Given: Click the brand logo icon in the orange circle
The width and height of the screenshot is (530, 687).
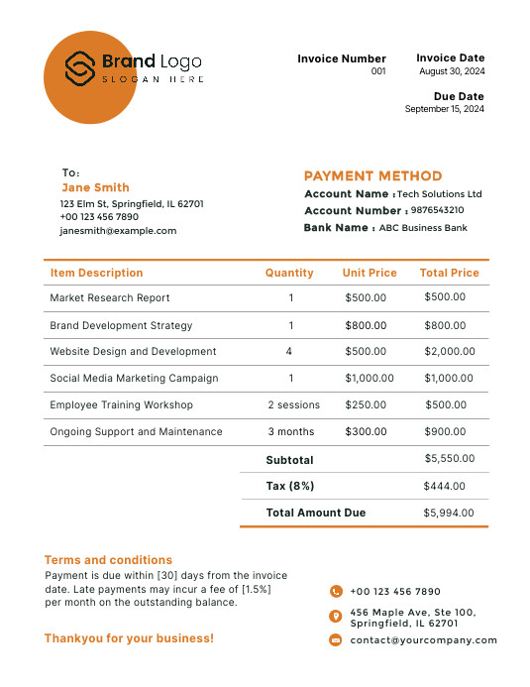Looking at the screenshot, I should [x=79, y=67].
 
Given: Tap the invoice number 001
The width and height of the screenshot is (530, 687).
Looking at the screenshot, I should [x=378, y=71].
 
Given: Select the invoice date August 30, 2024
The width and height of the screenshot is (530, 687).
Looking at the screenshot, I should [x=452, y=71].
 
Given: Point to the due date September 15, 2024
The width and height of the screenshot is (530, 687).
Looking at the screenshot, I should [x=445, y=109].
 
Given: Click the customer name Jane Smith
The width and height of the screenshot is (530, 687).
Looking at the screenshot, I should [x=95, y=187].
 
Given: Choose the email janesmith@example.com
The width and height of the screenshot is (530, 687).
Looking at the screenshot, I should [x=118, y=230].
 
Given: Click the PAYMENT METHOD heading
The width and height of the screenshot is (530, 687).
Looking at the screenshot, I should [x=372, y=175].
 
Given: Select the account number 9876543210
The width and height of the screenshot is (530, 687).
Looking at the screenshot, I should [x=437, y=210].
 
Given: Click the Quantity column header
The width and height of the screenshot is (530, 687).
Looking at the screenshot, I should [x=289, y=273].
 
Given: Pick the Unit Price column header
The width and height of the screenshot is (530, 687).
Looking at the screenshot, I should [x=370, y=273].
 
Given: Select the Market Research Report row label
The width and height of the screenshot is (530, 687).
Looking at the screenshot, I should [x=110, y=297].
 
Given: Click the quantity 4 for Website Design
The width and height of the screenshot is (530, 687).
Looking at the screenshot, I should [x=289, y=351].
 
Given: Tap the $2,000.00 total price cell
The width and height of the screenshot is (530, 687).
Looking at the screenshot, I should [x=450, y=351].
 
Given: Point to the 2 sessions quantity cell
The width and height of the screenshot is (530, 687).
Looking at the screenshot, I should [x=294, y=404].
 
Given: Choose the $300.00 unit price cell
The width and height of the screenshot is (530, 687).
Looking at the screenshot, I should [x=366, y=431].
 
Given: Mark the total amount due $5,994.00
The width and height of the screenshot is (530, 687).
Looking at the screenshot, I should [x=449, y=513].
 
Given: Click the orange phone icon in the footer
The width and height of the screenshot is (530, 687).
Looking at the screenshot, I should [x=336, y=591].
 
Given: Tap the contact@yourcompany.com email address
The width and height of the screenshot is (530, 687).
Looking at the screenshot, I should [x=424, y=640].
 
